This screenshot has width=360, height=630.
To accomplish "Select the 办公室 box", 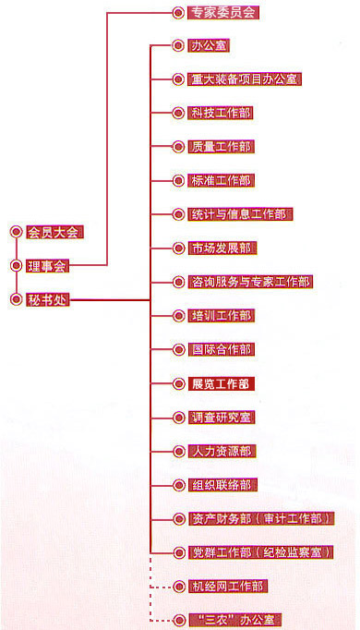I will point(209,44).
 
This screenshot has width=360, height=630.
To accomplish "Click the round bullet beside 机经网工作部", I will point(179,586).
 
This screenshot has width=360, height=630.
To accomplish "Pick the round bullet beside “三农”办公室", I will point(179,620).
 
